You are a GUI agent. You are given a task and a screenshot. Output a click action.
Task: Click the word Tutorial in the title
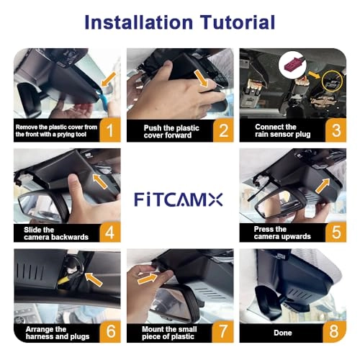point(238,22)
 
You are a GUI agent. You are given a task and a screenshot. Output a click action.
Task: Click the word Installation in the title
point(139,22)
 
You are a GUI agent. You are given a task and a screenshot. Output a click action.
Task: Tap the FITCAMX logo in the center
point(179,199)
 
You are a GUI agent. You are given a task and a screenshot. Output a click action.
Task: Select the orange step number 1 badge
point(110,130)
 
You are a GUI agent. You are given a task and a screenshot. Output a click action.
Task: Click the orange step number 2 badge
point(223,130)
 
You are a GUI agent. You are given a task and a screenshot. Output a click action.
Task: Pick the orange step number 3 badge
point(336,130)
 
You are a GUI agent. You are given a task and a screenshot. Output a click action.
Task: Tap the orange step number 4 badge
point(110,232)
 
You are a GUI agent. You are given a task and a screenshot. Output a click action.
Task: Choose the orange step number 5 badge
point(336,232)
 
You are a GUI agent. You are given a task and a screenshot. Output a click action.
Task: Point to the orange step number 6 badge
point(111,331)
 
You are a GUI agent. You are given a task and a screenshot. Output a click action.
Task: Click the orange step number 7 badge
point(223,331)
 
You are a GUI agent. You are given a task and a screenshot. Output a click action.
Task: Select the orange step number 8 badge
point(334,331)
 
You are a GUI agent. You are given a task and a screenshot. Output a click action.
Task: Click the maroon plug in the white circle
point(294,65)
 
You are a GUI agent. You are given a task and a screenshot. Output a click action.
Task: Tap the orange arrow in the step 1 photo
point(109,78)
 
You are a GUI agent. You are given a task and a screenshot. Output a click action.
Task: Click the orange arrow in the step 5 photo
point(323,186)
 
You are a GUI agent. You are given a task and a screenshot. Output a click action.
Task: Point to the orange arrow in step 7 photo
point(148,279)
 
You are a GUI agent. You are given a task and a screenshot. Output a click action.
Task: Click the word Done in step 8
point(283,333)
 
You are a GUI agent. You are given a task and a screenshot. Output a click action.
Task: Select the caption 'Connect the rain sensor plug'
point(282,130)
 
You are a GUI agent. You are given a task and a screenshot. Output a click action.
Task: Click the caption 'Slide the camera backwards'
point(56,233)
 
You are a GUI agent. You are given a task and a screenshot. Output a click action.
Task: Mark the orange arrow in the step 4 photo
point(100,181)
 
